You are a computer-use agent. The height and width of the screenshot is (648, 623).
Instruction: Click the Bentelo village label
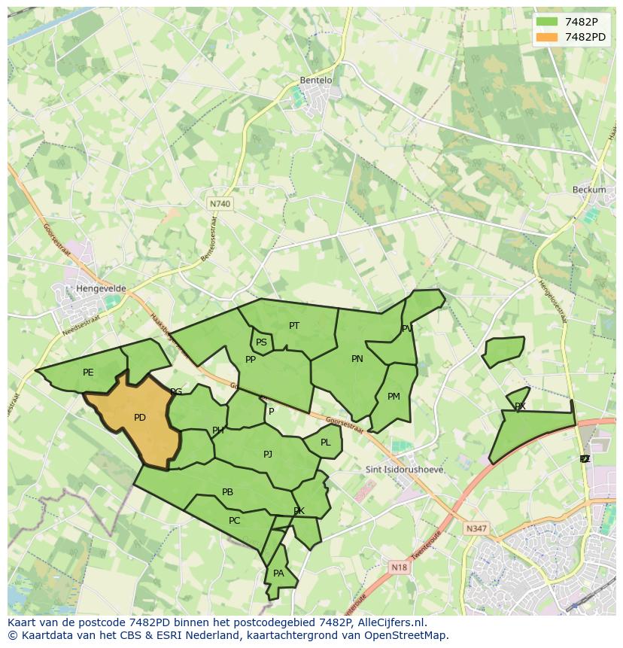point(316,81)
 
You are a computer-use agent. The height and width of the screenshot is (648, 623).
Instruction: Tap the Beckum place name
point(588,190)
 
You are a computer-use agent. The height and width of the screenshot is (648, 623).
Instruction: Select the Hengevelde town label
point(101,288)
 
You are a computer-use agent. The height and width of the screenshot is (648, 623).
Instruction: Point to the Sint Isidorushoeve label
point(404,470)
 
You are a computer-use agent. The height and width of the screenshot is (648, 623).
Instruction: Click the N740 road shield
point(220,204)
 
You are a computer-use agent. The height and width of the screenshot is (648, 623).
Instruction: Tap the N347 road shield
point(476,528)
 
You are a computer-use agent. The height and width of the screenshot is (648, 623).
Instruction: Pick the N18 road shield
point(400,567)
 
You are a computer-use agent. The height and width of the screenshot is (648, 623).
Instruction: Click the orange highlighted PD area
point(139,418)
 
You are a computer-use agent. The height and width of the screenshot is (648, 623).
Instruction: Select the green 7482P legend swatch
point(547,22)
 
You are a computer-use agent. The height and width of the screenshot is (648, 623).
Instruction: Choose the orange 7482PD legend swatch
point(547,37)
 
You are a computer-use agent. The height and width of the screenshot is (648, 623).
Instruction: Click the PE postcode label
point(88,373)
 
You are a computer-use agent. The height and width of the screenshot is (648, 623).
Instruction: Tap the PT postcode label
point(294,326)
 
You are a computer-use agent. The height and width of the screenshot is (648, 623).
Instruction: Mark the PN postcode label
point(357,359)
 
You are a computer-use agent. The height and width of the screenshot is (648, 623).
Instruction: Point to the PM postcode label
point(394,397)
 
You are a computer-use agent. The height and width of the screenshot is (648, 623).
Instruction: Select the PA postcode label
point(278,573)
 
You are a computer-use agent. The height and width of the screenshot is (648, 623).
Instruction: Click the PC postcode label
point(234,521)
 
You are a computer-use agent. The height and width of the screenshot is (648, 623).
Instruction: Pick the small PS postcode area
point(261,342)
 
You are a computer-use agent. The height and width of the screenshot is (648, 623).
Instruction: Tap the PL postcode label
point(325,443)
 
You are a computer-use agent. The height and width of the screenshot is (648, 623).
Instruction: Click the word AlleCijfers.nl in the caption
point(391,622)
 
